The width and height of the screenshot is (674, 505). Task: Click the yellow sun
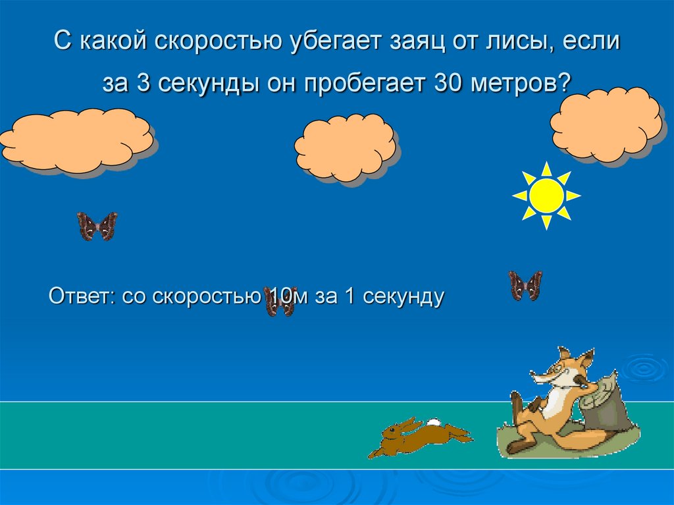click(x=546, y=196)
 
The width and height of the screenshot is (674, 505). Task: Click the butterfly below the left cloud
click(x=97, y=226)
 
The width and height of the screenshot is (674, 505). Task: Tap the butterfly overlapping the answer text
click(x=279, y=301)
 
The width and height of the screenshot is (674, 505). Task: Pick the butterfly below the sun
click(x=525, y=286)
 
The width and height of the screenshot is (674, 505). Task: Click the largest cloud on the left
click(x=79, y=140)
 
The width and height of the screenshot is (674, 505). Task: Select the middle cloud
click(x=344, y=146)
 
